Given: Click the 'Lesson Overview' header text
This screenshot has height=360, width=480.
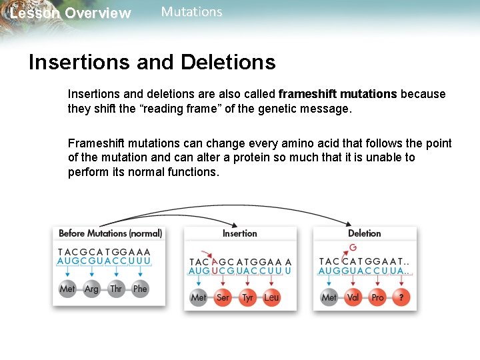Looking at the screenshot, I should tap(71, 13).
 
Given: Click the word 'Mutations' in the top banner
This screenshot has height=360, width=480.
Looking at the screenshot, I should tap(191, 12).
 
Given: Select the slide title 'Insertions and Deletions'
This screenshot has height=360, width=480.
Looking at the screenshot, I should tap(152, 62).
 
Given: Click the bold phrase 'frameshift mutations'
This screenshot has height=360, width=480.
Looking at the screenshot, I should tap(338, 94).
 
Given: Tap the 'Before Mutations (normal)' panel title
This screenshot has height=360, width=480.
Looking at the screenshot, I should tap(110, 233).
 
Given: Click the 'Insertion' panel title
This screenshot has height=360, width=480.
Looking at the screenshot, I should tap(239, 233).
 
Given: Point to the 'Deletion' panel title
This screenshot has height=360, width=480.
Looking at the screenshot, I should tap(364, 233).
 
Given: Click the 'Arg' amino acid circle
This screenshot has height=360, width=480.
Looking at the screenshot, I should tap(91, 289).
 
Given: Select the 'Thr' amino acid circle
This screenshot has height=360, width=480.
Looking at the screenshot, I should tap(116, 289).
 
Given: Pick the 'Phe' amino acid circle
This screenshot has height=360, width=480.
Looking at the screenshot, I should tap(140, 289).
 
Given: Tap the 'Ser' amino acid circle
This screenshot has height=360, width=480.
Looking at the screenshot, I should tap(223, 297).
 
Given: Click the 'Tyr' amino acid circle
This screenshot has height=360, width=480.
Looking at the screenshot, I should tap(247, 297).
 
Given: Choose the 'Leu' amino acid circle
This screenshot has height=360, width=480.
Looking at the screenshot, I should tap(271, 297).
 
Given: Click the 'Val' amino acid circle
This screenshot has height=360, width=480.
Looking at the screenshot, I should tap(353, 297).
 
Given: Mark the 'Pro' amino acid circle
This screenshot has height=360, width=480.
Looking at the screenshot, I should tap(377, 297).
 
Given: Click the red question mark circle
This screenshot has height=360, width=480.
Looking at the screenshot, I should tap(401, 297).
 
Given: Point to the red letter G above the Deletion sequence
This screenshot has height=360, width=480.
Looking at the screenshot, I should tap(353, 248).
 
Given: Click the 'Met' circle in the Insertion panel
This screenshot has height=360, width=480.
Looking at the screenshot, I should tap(199, 297).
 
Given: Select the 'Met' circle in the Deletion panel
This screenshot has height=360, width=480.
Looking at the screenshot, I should tap(329, 297).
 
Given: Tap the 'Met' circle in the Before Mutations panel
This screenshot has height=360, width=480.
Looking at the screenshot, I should tap(67, 289).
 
